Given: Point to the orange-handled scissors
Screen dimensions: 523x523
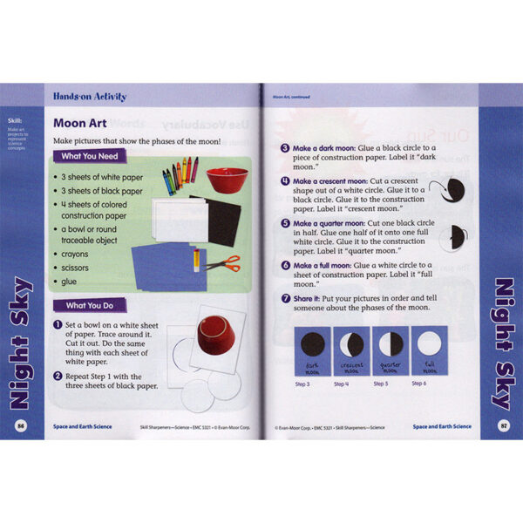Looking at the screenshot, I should (x=221, y=261).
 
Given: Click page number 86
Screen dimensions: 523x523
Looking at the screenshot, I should (x=20, y=425).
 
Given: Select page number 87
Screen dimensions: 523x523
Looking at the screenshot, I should (x=503, y=425).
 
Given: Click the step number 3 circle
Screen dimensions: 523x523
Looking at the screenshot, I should (x=284, y=148).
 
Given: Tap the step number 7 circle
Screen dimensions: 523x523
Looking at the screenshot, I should (x=284, y=297).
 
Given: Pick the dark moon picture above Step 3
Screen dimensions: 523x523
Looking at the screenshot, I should (x=313, y=343).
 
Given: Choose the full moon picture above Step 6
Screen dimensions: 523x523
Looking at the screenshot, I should (x=428, y=343).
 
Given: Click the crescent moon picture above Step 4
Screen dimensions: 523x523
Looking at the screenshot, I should (x=351, y=343).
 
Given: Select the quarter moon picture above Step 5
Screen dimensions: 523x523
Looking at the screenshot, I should (x=390, y=343).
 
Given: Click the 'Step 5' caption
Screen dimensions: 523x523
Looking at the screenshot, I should (x=381, y=383).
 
